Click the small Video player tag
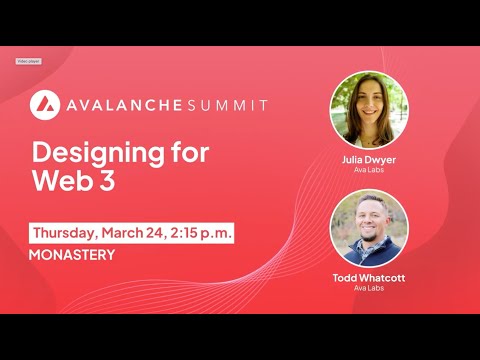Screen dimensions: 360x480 click(28, 61)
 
